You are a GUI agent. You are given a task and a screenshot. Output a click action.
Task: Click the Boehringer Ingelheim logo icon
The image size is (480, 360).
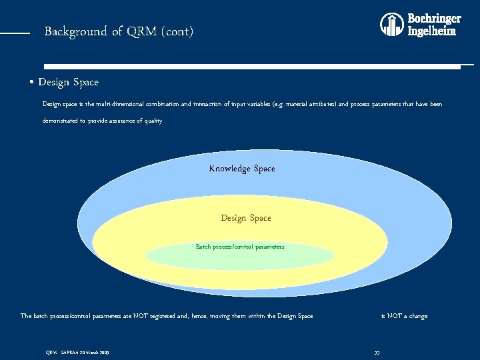tap(391, 25)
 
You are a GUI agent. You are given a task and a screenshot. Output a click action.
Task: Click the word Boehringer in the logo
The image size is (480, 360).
tap(434, 19)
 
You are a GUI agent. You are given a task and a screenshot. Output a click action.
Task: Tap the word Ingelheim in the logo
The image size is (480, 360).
tap(431, 31)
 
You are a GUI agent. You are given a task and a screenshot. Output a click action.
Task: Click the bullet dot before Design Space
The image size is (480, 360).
tap(32, 83)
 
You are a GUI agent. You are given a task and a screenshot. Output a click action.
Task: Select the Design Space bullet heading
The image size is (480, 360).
tap(68, 83)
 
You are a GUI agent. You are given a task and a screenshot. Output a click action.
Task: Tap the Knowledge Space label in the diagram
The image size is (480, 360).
tap(241, 169)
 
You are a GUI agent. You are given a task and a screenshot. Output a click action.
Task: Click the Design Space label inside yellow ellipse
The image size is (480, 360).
tap(245, 218)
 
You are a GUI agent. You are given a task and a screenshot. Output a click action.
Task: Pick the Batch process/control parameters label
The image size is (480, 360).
tap(239, 247)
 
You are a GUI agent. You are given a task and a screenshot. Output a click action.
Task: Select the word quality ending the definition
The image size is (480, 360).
tap(153, 121)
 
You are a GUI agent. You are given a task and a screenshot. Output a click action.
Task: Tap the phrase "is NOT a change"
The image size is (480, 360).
tap(404, 316)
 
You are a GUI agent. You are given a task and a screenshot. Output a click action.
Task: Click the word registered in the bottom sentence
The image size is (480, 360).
tap(163, 316)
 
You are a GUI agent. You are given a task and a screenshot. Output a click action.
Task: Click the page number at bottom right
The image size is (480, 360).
tap(377, 352)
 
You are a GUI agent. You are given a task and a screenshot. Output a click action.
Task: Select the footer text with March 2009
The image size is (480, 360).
tap(77, 352)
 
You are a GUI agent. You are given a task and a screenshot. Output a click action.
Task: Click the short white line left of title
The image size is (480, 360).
tap(15, 32)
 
